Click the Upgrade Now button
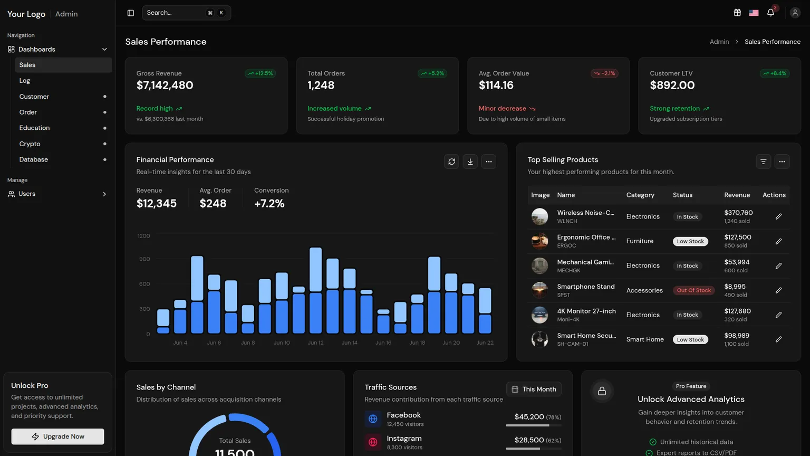[x=57, y=436]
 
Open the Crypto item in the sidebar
[x=30, y=144]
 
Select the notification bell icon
[x=770, y=13]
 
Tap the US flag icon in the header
[x=754, y=13]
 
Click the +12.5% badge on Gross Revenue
[x=260, y=73]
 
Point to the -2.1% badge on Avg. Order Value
[x=604, y=73]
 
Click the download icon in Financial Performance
[x=470, y=162]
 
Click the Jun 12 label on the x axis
[x=315, y=343]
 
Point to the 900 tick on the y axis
[x=144, y=259]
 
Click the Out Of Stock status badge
[x=693, y=290]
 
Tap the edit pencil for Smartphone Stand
[x=778, y=290]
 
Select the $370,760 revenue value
[x=738, y=213]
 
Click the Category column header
[x=640, y=195]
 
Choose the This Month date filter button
[x=534, y=389]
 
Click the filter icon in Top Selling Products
[x=764, y=162]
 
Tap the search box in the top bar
[x=186, y=13]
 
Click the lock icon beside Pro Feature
[x=602, y=391]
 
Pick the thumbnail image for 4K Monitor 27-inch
[x=539, y=315]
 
